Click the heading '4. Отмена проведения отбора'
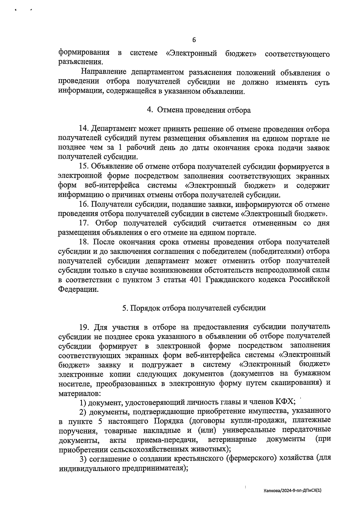point(199,110)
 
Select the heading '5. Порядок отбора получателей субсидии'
point(194,308)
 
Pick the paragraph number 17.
point(84,223)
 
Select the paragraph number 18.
point(84,242)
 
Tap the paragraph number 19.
point(84,327)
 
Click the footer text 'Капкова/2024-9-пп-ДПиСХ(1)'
point(292,491)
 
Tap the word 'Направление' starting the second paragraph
point(103,73)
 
